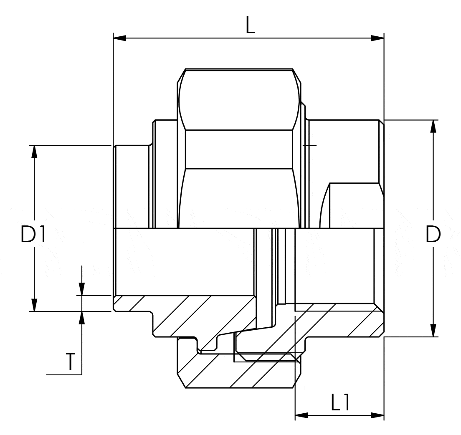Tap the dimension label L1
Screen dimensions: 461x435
coord(340,403)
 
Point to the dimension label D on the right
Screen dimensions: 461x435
coord(433,234)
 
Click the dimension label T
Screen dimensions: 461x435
coord(70,362)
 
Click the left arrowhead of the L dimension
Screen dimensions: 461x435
coord(120,38)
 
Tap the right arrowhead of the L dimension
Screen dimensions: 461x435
coord(377,38)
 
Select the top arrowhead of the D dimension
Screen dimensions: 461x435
coord(433,126)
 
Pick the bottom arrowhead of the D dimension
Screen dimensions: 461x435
coord(433,330)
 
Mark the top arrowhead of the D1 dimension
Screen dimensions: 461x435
coord(35,152)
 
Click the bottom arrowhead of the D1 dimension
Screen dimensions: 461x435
coord(35,305)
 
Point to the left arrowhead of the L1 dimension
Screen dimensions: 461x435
coord(301,415)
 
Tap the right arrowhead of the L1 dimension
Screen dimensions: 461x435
coord(377,415)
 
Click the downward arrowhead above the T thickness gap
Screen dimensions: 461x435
coord(82,288)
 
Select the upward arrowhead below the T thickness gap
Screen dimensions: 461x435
coord(82,318)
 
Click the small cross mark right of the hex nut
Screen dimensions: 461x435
coord(309,145)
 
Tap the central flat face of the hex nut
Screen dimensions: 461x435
coord(239,149)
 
